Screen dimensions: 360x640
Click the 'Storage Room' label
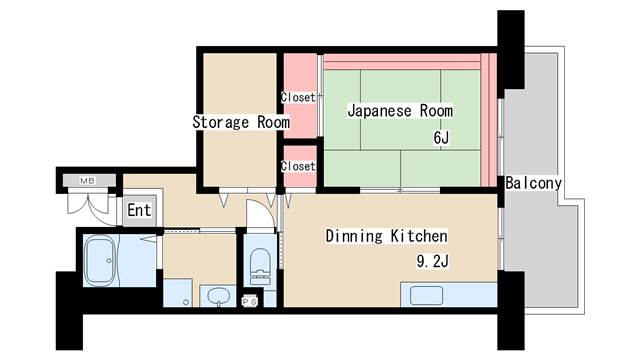click(x=241, y=122)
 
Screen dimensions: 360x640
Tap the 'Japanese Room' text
click(x=400, y=111)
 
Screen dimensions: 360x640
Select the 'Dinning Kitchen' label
click(x=385, y=237)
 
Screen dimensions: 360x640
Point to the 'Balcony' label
click(x=533, y=183)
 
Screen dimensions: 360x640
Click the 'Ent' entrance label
click(x=139, y=211)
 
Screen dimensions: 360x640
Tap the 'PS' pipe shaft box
click(x=250, y=300)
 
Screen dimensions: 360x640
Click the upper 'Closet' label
click(x=298, y=97)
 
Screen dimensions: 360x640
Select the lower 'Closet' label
click(x=298, y=165)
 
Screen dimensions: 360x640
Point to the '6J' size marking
click(x=440, y=137)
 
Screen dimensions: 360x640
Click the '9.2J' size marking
click(x=433, y=264)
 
